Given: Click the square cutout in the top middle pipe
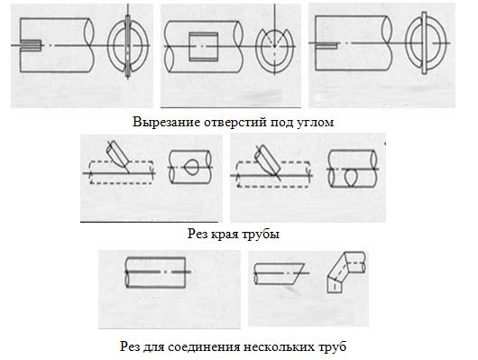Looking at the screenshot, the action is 204,47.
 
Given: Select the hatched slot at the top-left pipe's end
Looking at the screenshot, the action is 31,45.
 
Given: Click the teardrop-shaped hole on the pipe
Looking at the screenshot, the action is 191,167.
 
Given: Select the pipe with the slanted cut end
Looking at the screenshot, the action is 280,273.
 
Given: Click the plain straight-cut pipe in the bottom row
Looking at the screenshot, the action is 155,272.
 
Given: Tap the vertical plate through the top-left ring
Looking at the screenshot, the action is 128,46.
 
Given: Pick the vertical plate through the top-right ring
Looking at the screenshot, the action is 424,42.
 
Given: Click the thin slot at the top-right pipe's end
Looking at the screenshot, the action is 326,46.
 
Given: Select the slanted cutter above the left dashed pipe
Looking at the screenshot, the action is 118,154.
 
